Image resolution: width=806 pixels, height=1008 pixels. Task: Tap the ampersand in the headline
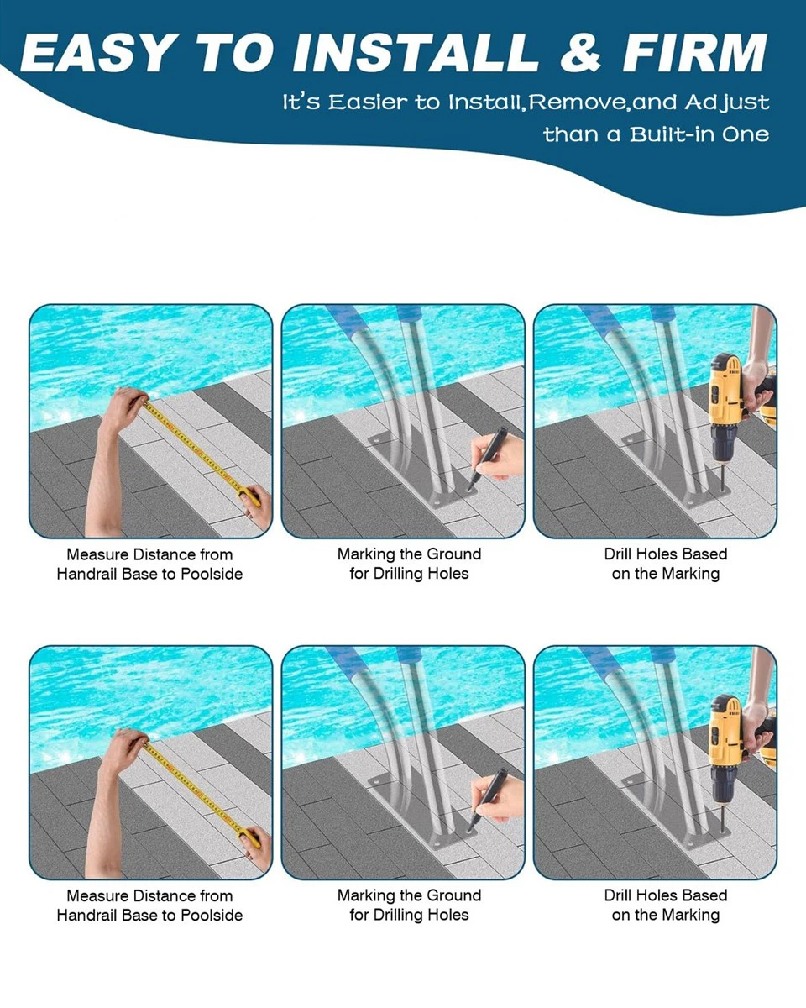(581, 52)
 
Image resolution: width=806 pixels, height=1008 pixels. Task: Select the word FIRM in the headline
(695, 52)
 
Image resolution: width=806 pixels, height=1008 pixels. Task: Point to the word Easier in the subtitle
(368, 102)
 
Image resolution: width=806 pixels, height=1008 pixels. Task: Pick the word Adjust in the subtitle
(727, 103)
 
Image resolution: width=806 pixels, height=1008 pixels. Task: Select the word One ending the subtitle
(746, 135)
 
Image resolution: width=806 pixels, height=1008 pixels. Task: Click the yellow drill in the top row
(725, 412)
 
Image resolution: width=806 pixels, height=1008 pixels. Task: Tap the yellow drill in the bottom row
(725, 754)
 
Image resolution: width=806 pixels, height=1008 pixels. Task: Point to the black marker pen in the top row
(485, 459)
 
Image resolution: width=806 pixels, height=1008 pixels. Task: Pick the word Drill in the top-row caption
(618, 554)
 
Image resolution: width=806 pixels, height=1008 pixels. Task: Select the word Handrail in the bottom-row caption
(86, 916)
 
